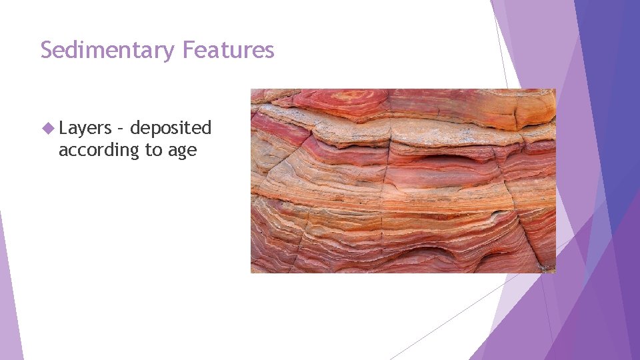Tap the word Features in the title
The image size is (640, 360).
[x=228, y=50]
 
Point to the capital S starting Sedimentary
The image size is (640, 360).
[x=47, y=50]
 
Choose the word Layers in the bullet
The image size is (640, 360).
[x=85, y=128]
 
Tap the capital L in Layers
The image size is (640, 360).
[x=63, y=128]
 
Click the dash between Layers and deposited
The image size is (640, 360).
[x=121, y=129]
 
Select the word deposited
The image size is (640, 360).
[x=171, y=128]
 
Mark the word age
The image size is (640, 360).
[x=182, y=151]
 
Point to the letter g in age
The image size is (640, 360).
[x=182, y=152]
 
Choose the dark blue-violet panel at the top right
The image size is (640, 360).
[x=610, y=100]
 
